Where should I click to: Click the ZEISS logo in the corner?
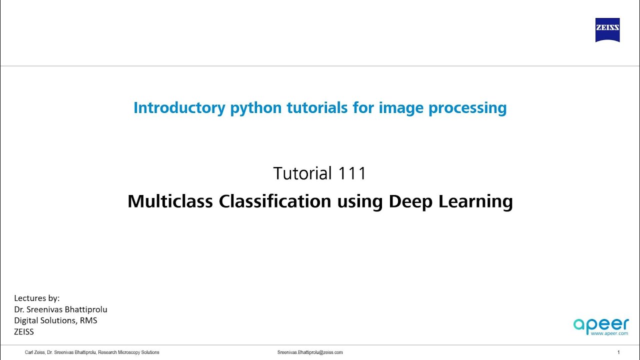point(607,30)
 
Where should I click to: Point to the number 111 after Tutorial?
point(352,173)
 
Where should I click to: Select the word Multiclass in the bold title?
point(170,201)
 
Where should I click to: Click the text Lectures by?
point(37,298)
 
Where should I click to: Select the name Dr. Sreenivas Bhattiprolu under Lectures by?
point(60,309)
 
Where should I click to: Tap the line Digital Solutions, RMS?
point(55,320)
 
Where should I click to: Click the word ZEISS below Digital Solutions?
point(24,331)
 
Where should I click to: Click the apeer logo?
point(600,324)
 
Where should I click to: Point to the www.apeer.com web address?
point(609,333)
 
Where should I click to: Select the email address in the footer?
point(310,352)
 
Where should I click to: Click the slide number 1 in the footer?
point(618,352)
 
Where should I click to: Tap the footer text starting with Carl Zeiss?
point(92,352)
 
